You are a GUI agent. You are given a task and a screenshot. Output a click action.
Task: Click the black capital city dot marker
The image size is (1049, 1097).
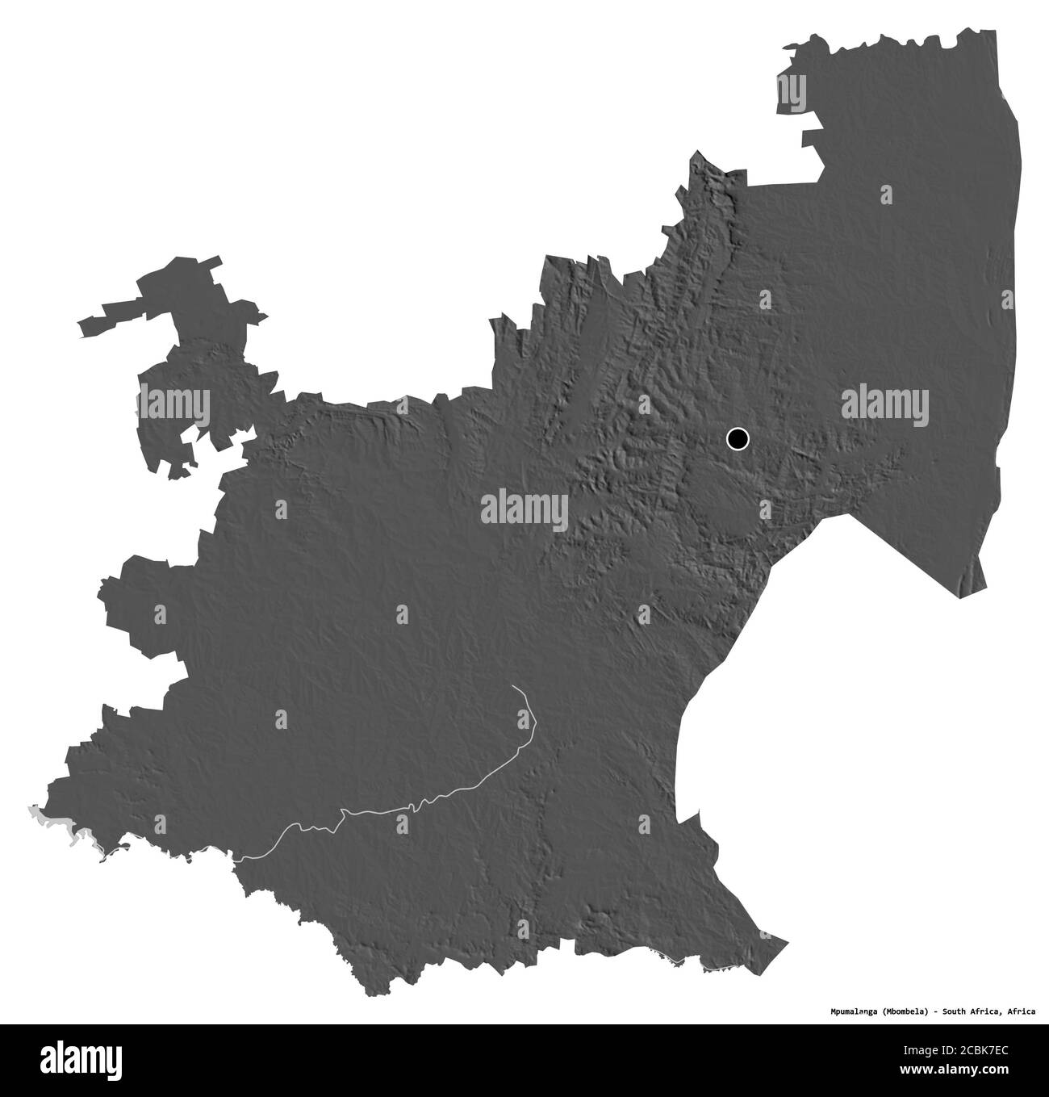click(x=738, y=439)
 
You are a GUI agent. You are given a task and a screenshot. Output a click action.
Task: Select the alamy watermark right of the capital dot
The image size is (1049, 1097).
click(x=884, y=404)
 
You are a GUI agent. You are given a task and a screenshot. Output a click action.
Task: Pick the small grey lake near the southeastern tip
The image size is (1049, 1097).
click(x=710, y=968)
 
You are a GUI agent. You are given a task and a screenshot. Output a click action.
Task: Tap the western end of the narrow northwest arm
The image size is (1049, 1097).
click(x=81, y=326)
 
